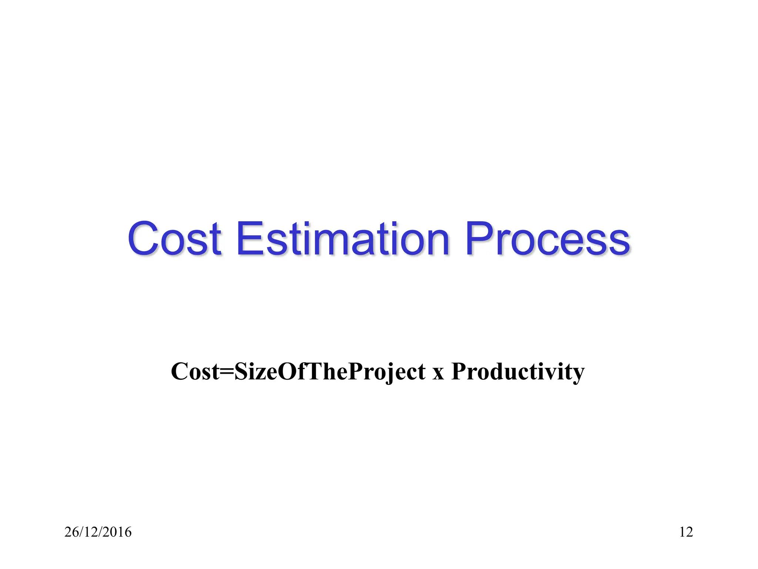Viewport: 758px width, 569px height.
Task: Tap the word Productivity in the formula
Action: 518,372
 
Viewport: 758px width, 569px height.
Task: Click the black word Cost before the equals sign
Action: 195,372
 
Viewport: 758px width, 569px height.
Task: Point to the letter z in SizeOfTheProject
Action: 259,373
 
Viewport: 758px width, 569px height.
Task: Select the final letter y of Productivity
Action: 578,374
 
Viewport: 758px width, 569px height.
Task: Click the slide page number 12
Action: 686,532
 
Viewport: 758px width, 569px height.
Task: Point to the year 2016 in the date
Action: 118,532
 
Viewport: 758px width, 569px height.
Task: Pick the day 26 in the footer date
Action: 71,532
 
